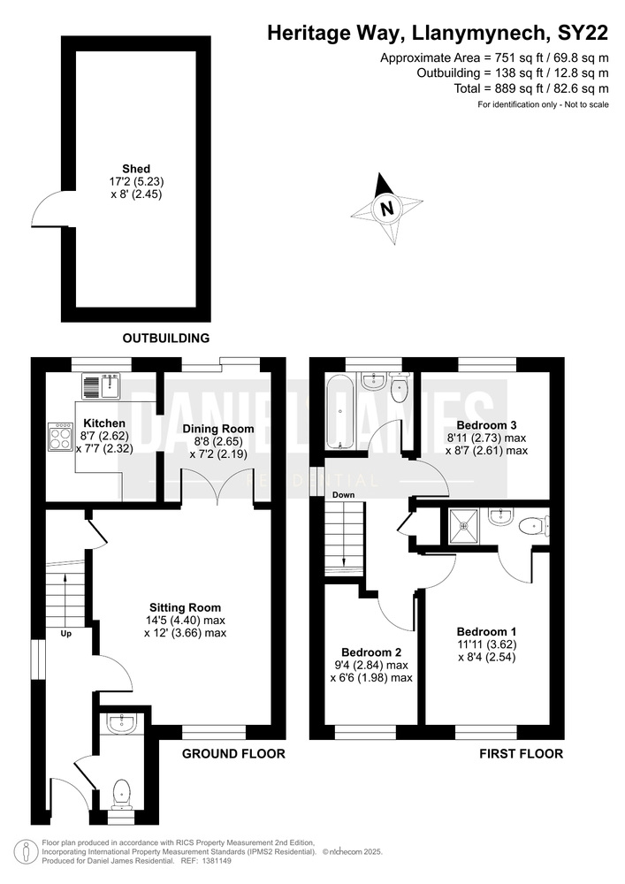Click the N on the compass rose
(386, 208)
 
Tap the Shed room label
(136, 169)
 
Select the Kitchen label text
(104, 423)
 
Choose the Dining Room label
(218, 429)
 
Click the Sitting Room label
(185, 607)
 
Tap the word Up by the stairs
(66, 634)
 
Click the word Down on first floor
(343, 495)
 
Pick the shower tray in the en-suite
(463, 527)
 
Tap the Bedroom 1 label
(486, 632)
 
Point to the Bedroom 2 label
(371, 652)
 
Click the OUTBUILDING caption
(165, 338)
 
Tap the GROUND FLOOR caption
(233, 753)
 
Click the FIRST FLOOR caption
(522, 753)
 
